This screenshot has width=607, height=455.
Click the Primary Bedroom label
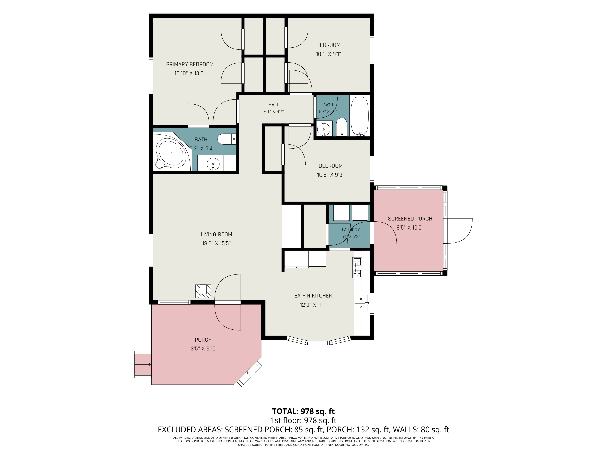click(x=190, y=65)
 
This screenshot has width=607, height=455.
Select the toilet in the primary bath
click(x=227, y=139)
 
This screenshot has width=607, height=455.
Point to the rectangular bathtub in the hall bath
click(x=360, y=116)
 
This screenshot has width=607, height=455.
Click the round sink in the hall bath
click(x=324, y=129)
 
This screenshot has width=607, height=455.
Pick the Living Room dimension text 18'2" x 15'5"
click(x=216, y=243)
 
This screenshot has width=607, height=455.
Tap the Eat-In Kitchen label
click(x=313, y=296)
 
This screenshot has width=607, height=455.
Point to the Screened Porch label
click(x=410, y=219)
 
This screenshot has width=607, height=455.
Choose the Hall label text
click(x=274, y=105)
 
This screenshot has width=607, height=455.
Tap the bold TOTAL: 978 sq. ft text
click(x=303, y=411)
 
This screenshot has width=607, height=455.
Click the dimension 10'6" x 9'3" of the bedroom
click(x=330, y=175)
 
